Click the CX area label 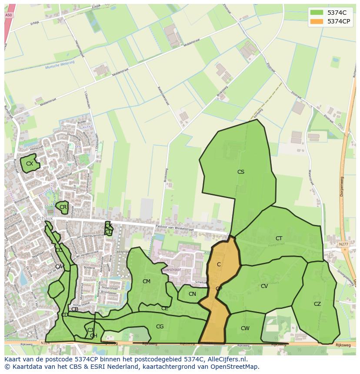point(30,164)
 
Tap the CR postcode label point(63,207)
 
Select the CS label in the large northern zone point(240,172)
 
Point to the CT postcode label point(279,238)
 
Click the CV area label point(264,286)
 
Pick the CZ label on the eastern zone point(317,304)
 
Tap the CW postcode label point(245,328)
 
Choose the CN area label point(192,294)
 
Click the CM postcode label point(147,281)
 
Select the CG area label point(160,327)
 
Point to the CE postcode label point(164,308)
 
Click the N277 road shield point(343,245)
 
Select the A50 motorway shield point(8,15)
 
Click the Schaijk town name point(45,218)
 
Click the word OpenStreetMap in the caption point(235,367)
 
